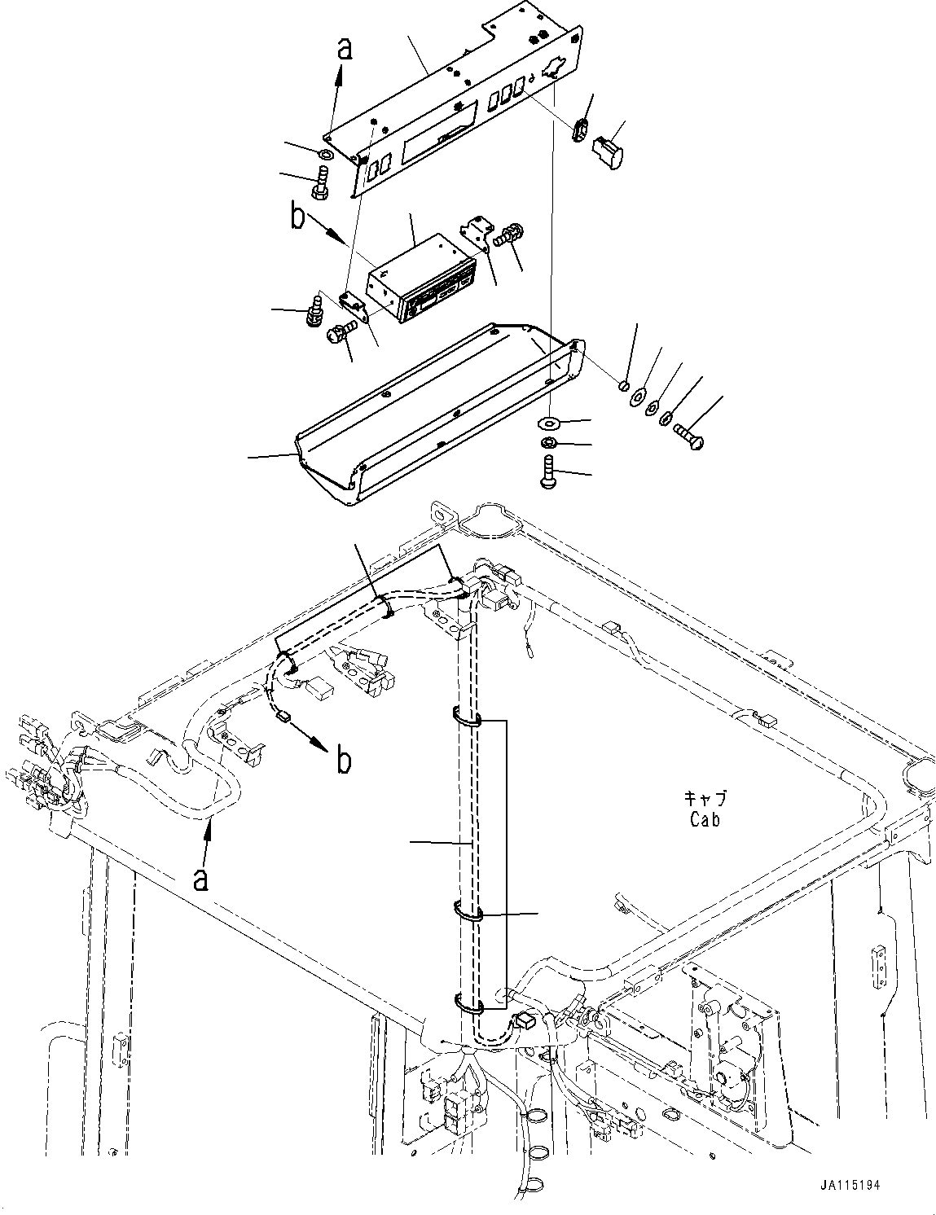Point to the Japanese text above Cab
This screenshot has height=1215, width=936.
tap(705, 798)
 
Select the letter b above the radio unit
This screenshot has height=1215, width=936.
tap(298, 217)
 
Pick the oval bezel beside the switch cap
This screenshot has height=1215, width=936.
tap(580, 130)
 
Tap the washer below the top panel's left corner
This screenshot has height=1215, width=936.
tap(325, 154)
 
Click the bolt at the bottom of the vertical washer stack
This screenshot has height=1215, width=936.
tap(548, 472)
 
